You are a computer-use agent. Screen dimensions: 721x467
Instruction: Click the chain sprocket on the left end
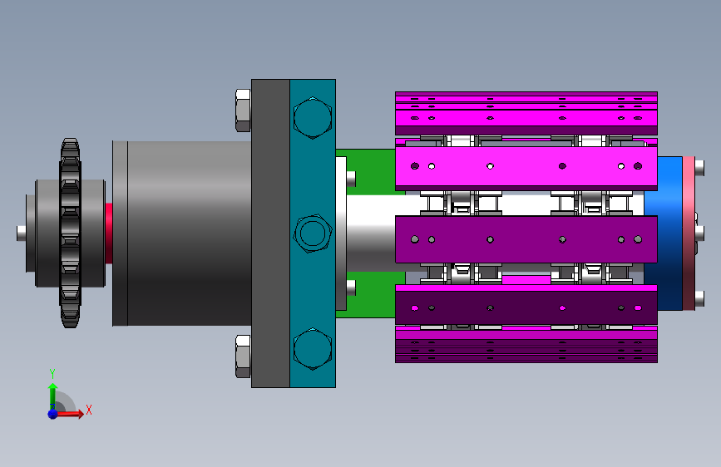point(70,233)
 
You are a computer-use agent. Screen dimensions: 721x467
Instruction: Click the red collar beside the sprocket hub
point(109,233)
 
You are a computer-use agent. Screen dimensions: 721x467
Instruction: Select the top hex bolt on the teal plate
point(313,118)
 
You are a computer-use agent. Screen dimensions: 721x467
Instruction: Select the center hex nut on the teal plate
point(313,233)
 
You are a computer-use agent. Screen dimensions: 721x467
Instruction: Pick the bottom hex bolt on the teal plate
point(313,349)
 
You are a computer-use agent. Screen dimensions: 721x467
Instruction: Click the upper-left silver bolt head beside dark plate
point(243,111)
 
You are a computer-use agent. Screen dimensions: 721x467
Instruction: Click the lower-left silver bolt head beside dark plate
point(243,356)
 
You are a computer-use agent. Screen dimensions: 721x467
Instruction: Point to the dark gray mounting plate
point(270,233)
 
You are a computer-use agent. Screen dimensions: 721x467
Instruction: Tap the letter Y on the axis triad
point(52,374)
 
